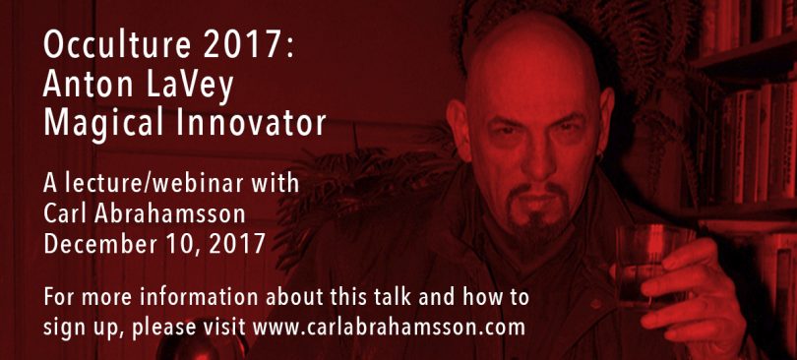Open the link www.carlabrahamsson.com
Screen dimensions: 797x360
[389, 328]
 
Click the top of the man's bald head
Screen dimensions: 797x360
[532, 22]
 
